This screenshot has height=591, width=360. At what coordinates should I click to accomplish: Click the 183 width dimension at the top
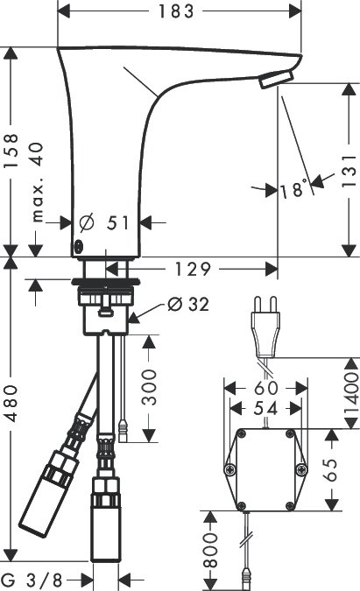(176, 11)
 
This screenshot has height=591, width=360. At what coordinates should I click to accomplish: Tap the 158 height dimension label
(11, 151)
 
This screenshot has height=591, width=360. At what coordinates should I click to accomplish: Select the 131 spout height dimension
(349, 171)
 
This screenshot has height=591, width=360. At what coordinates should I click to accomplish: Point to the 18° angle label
(293, 189)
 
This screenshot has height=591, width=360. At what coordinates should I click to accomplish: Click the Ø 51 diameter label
(104, 222)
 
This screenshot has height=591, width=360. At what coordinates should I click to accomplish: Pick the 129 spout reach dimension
(192, 269)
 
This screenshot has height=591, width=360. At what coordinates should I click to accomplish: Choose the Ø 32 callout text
(188, 304)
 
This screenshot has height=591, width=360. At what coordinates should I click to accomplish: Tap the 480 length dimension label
(11, 404)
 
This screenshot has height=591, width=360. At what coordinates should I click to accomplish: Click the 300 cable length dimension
(149, 388)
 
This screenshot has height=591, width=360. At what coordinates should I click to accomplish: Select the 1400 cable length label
(352, 393)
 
